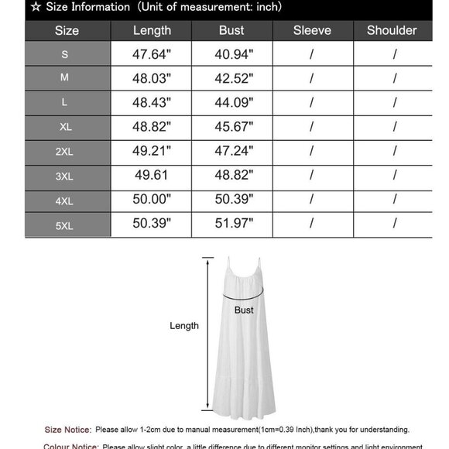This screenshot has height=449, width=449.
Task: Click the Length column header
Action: [x=152, y=31]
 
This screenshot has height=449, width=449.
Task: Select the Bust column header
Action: [x=231, y=31]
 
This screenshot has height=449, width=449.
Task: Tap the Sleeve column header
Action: [x=312, y=31]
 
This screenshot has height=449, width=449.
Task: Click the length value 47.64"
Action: [x=152, y=55]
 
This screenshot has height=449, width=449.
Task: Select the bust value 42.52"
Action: [x=231, y=79]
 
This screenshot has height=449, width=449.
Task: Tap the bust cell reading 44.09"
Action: [x=231, y=103]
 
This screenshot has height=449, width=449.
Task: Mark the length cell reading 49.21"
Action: [x=152, y=152]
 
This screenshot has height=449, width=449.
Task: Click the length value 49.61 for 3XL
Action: [x=152, y=176]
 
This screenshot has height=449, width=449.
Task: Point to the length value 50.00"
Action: [x=152, y=200]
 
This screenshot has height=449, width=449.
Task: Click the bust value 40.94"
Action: [x=231, y=55]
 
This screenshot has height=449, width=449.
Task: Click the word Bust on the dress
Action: [x=244, y=310]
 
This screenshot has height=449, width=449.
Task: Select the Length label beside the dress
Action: [x=184, y=326]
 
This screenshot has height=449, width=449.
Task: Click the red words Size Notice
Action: [x=68, y=430]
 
